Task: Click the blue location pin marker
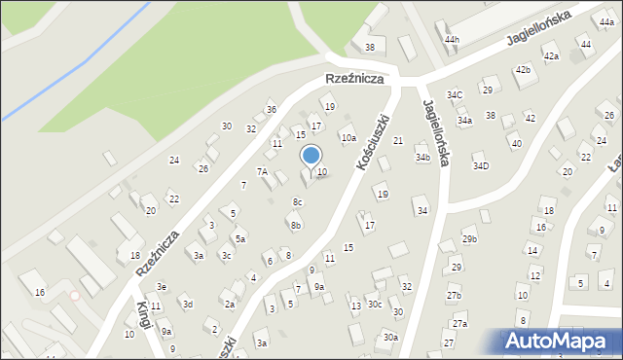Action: click(311, 156)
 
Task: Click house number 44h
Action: click(451, 39)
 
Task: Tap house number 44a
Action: click(606, 21)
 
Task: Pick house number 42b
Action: click(523, 69)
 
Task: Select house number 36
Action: click(272, 109)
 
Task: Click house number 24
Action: click(174, 160)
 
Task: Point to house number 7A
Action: click(262, 171)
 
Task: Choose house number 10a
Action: click(348, 138)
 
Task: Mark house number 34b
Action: click(421, 157)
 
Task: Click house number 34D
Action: click(481, 165)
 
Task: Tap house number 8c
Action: click(298, 202)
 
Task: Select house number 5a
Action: click(239, 238)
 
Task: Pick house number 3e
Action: click(163, 286)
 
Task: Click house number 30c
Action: click(374, 304)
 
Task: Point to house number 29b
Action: click(469, 239)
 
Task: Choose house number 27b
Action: click(454, 295)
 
